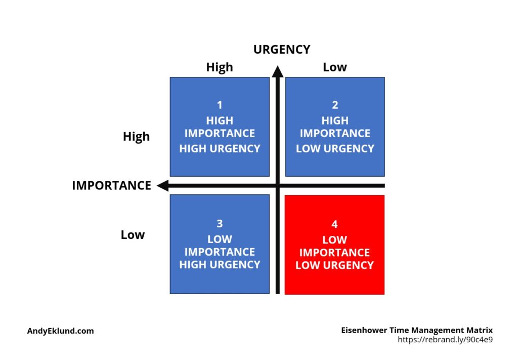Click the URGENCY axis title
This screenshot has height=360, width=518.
(282, 50)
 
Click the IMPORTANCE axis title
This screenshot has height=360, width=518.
(112, 185)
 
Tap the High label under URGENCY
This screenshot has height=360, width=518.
(220, 67)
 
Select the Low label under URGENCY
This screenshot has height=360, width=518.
(335, 67)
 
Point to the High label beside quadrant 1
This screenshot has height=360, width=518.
(136, 137)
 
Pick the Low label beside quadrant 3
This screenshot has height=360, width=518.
(133, 235)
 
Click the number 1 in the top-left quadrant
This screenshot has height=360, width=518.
(220, 105)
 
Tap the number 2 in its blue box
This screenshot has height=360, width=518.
(335, 105)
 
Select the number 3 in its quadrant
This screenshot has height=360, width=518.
(220, 224)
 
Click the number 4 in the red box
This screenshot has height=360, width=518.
(335, 224)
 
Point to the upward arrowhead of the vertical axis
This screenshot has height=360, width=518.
(278, 71)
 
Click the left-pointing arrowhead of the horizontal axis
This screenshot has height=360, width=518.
(162, 185)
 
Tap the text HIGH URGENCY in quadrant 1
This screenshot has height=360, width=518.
(220, 149)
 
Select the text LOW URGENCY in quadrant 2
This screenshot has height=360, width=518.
(335, 149)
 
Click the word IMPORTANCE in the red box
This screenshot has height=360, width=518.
(334, 253)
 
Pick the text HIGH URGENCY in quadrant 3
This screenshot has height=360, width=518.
(220, 264)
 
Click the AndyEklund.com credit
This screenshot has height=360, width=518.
(61, 331)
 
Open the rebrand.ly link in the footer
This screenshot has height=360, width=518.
(445, 340)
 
